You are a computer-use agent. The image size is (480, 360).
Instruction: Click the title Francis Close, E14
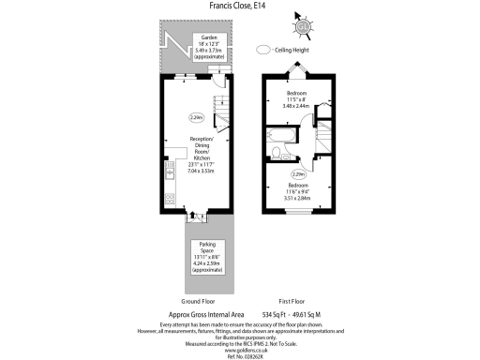coord(239,6)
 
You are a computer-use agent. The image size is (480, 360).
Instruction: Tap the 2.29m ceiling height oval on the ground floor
coord(196,118)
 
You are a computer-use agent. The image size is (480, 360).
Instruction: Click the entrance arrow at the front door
coord(195,221)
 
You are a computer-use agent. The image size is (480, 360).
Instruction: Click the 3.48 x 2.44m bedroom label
coord(297,101)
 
